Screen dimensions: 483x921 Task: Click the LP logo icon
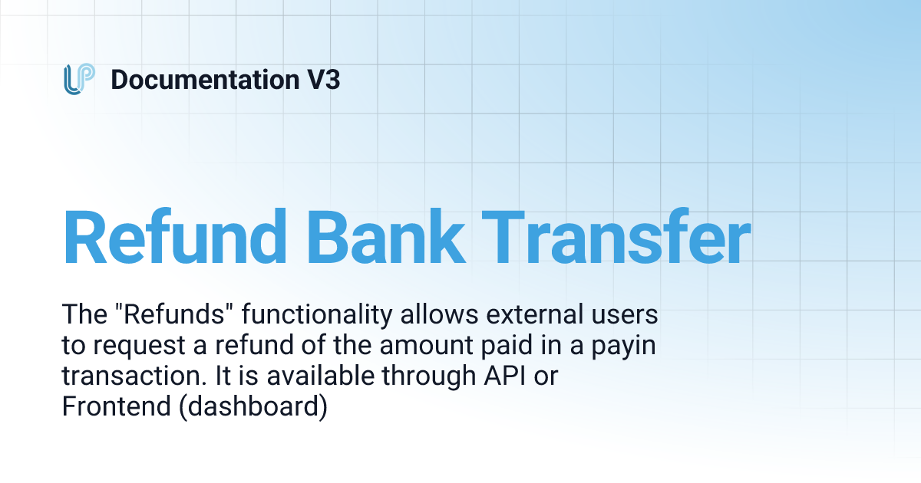(79, 80)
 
